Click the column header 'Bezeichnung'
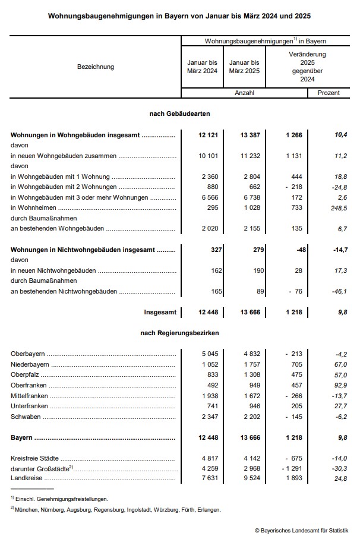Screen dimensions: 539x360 95,67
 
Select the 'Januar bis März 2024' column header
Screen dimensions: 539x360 202,67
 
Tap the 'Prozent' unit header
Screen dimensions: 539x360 329,93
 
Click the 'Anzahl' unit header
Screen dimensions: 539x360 244,93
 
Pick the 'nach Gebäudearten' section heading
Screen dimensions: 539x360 179,113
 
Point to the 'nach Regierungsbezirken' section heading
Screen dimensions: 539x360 179,333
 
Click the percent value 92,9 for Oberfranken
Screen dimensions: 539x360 339,385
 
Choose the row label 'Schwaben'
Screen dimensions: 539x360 26,417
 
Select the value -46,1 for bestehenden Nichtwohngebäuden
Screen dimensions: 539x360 338,291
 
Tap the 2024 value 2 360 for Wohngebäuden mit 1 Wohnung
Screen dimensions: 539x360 209,176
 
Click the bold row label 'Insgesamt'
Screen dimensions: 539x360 160,312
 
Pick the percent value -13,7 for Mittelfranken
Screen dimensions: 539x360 338,396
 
